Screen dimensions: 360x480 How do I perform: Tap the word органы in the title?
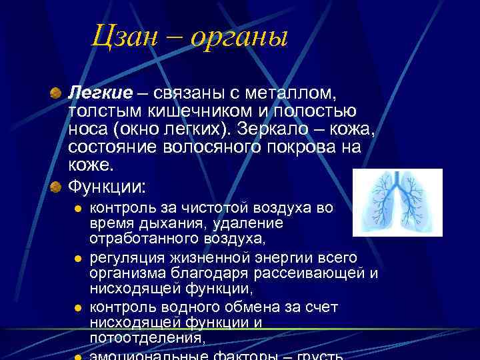coord(239,37)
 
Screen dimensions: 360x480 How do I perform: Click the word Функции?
coord(107,185)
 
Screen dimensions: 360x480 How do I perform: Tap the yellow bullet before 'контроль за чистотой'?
coord(77,208)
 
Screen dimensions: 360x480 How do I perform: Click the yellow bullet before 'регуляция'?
coord(77,258)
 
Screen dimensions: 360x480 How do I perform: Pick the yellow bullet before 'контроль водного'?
coord(77,308)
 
